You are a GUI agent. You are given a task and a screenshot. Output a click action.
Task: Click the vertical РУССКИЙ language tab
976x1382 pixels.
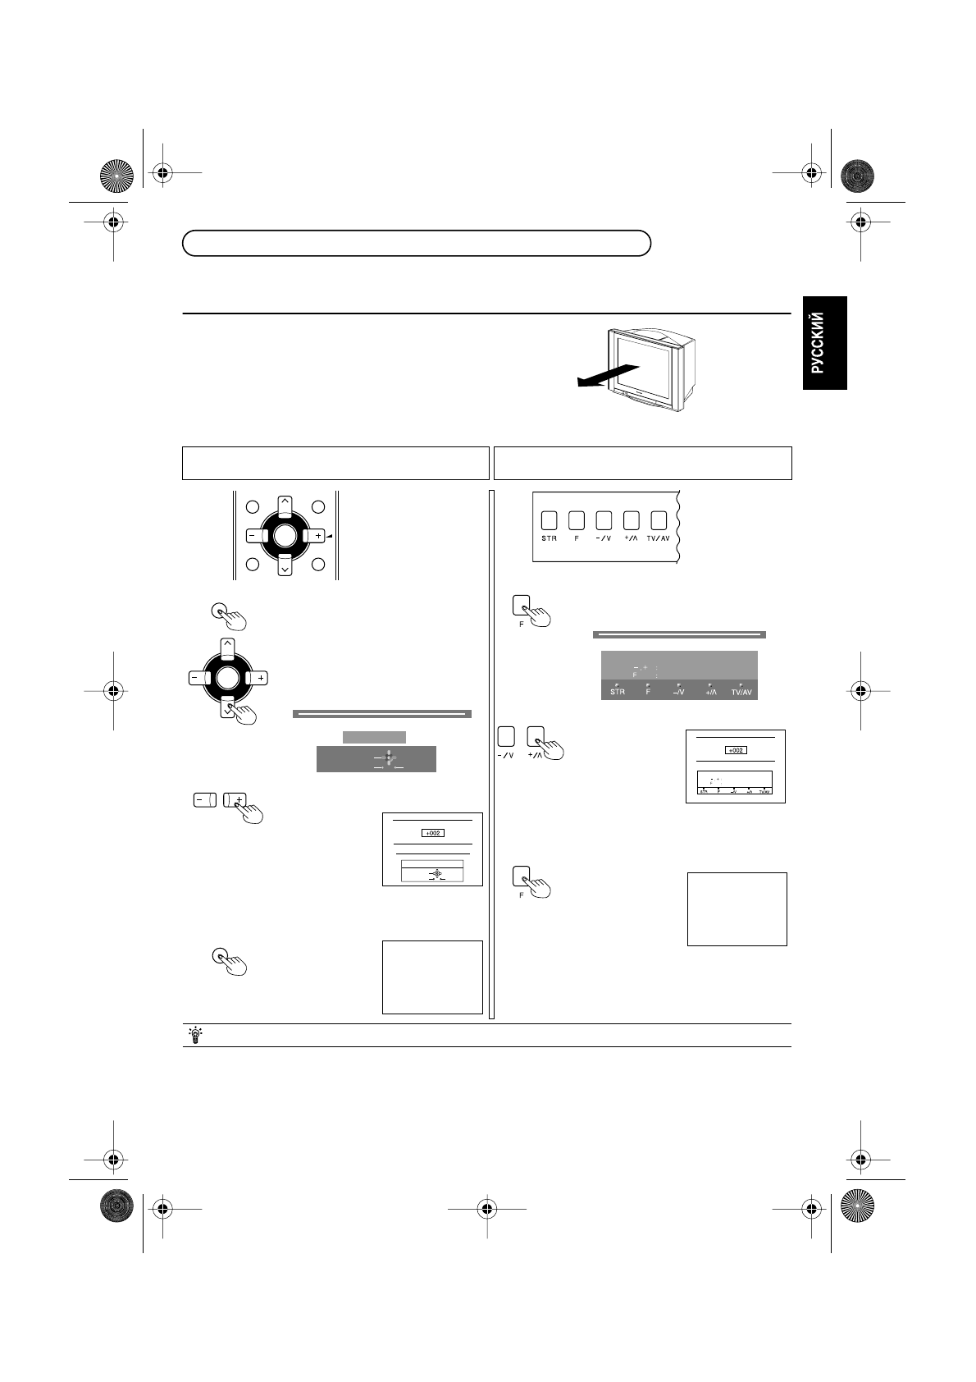tap(823, 343)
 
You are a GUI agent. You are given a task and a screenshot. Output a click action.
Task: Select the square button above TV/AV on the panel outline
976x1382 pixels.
tap(659, 519)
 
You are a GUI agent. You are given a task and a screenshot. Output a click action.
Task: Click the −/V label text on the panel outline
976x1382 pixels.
tap(604, 539)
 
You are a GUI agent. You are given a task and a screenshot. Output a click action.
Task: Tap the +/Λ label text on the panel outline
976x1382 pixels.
tap(631, 539)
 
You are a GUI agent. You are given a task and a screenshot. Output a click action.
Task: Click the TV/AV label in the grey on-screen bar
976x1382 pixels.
tap(741, 692)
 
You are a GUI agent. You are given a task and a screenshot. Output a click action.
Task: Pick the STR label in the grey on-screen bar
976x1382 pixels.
tap(617, 692)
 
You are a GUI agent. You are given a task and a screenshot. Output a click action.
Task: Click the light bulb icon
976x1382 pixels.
tap(195, 1035)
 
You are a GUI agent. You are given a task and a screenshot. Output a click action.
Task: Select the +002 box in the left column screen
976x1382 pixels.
tap(432, 833)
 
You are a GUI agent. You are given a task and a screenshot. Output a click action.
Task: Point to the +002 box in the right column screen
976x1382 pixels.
tap(735, 749)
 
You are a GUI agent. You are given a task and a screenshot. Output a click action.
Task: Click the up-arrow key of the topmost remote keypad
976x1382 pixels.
tap(284, 503)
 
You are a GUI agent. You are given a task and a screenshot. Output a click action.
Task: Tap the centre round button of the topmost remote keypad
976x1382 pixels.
tap(284, 536)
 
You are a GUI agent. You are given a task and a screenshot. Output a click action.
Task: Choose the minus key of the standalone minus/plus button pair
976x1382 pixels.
tap(204, 799)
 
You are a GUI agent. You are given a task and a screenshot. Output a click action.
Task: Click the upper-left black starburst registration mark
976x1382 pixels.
tap(116, 174)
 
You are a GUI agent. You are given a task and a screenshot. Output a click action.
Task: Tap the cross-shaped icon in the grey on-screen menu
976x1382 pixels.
tap(388, 759)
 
